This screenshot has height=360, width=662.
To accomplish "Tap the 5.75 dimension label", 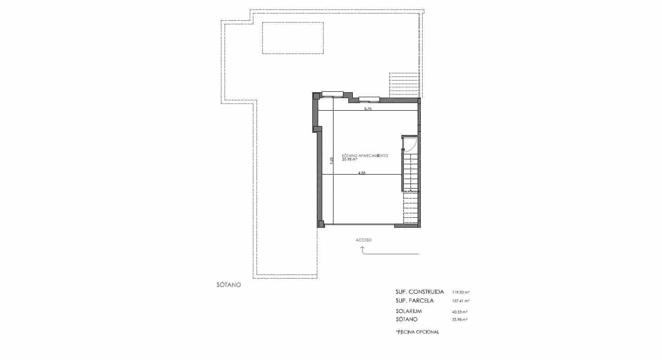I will (x=368, y=109).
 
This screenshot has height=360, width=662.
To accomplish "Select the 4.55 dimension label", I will (x=362, y=172).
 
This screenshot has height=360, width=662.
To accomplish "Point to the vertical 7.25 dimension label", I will (x=331, y=161).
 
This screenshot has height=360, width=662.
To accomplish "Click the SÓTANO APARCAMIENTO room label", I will (x=365, y=155).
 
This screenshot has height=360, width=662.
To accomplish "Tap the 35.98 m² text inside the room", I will (x=349, y=159).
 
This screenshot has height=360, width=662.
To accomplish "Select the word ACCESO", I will (x=364, y=240).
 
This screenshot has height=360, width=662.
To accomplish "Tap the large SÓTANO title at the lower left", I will (x=229, y=285).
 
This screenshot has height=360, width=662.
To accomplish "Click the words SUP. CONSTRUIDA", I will (x=420, y=292).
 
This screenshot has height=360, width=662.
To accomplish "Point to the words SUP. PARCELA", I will (x=414, y=301).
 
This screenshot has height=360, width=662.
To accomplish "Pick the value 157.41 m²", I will (x=460, y=301).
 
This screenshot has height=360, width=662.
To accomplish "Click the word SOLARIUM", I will (x=409, y=311).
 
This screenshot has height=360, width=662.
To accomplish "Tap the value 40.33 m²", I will (x=460, y=311).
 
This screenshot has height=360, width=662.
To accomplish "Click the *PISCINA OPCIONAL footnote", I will (x=417, y=332).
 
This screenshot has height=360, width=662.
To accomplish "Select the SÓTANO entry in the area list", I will (x=407, y=319).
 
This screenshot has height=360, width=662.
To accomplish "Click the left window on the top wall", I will (x=333, y=94).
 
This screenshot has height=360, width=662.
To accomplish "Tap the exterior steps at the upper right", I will (x=404, y=85).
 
